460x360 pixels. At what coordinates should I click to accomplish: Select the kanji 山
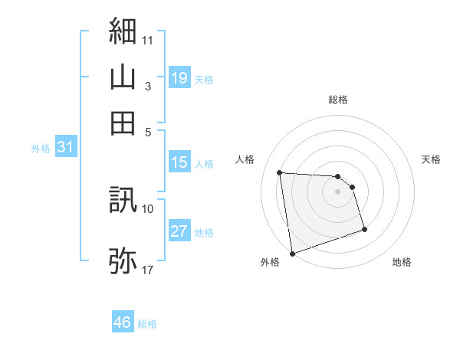tap(123, 77)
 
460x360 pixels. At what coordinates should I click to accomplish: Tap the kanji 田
tap(123, 123)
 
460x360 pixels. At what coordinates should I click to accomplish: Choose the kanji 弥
tap(123, 260)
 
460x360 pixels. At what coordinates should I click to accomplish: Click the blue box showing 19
tap(179, 77)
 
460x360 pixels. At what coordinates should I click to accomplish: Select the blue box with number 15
tap(179, 162)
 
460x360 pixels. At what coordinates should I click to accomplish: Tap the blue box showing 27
tap(179, 231)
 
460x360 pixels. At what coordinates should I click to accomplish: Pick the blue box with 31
tap(65, 148)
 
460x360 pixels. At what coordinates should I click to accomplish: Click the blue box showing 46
tap(123, 322)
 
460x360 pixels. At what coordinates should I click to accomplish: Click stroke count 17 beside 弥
tap(147, 270)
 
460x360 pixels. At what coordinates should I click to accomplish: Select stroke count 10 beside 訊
tap(147, 208)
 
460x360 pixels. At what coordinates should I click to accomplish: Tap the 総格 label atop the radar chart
tap(338, 100)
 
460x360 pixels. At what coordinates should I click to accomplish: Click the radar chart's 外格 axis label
tap(270, 262)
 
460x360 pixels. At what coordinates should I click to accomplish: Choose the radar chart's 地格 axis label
tap(402, 262)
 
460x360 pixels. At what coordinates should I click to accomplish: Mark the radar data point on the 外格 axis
tap(293, 253)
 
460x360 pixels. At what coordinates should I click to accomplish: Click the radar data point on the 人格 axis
tap(280, 172)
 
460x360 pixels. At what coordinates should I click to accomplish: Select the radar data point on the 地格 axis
tap(364, 229)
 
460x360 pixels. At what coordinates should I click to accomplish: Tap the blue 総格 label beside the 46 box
tap(147, 323)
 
